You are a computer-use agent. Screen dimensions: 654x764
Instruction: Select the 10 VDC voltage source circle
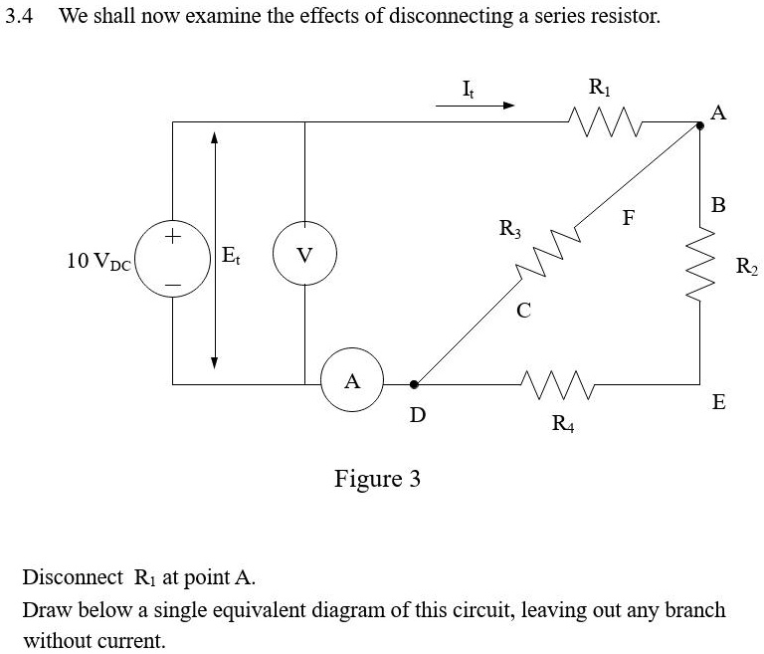[172, 261]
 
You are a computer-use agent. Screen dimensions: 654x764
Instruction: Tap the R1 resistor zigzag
[600, 122]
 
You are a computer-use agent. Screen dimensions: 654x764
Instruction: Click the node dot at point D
[415, 383]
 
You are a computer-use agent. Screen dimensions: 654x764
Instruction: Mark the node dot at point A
[700, 123]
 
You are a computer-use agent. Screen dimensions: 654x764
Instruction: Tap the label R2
[746, 266]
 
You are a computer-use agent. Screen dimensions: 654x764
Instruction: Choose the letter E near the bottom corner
[718, 403]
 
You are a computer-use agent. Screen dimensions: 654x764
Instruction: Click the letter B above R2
[719, 206]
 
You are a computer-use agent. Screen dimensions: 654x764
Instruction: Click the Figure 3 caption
[377, 479]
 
